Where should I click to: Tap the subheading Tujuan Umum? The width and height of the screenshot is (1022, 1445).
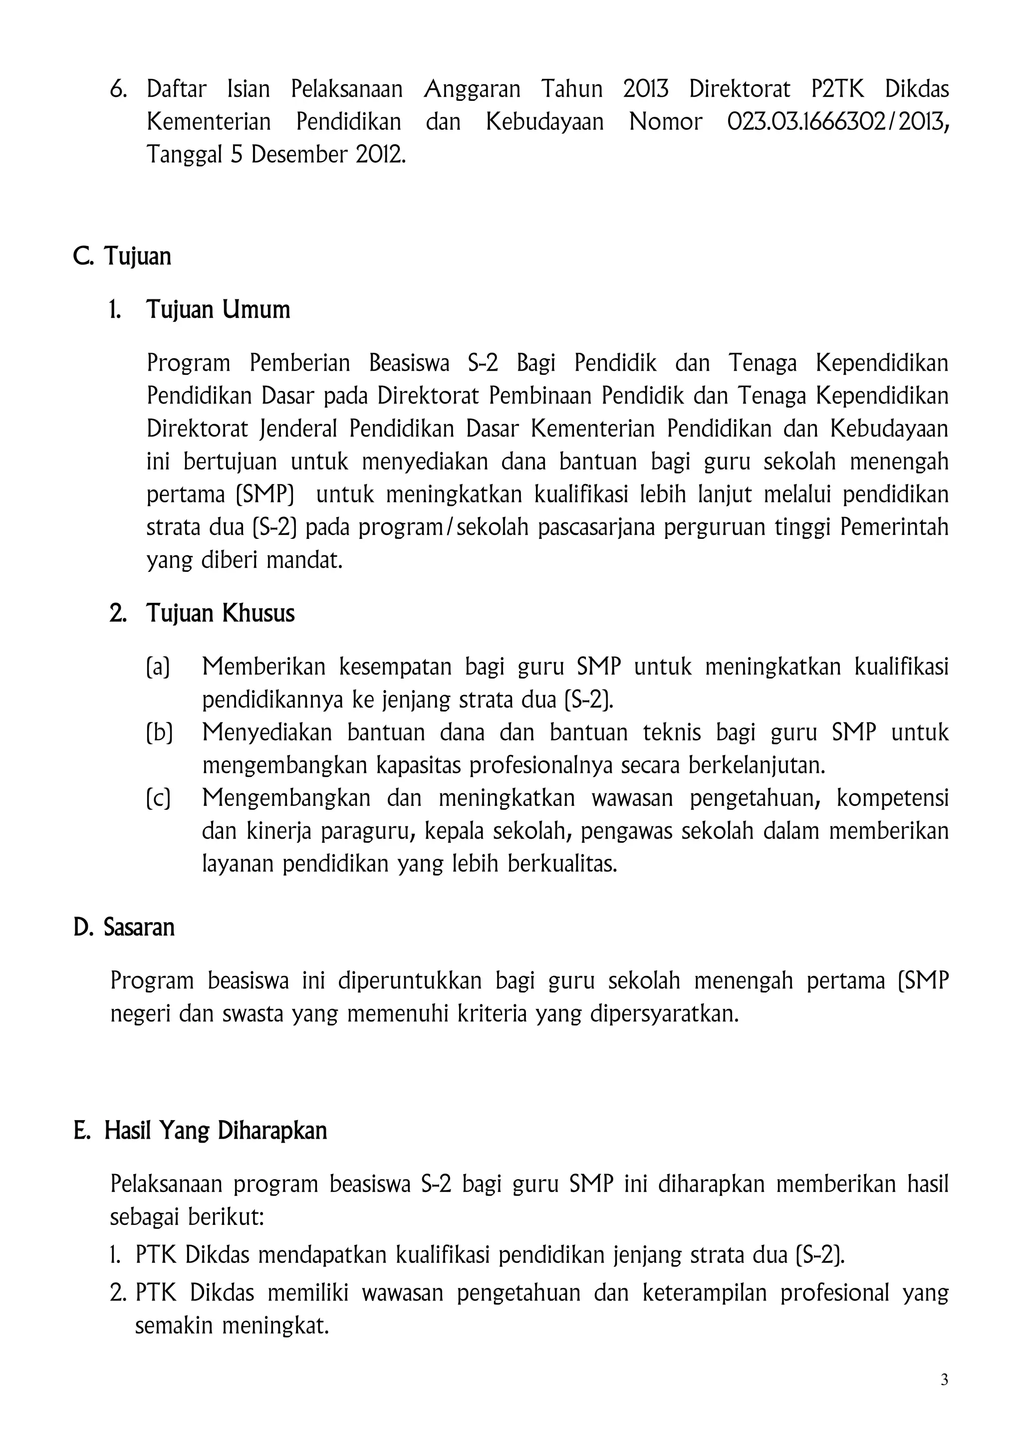(218, 310)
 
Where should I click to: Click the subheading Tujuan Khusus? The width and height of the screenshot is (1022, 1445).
(220, 613)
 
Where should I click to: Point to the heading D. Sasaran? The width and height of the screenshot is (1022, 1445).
(124, 927)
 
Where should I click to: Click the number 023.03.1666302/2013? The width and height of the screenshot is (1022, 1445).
(838, 121)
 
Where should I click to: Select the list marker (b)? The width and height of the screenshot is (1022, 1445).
(159, 732)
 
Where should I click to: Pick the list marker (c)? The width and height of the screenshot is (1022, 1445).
(158, 798)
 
